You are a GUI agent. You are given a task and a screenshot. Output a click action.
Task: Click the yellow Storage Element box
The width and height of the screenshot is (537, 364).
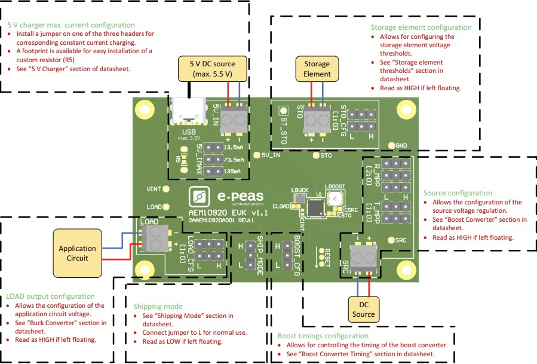[x=317, y=69]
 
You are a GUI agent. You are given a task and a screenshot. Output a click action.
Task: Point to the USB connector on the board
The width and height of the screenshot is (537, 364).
[x=188, y=114]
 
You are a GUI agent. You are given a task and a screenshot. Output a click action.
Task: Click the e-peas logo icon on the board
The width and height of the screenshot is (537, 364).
[x=199, y=196]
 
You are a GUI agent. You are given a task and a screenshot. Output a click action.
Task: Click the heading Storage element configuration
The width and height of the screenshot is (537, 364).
[x=421, y=27]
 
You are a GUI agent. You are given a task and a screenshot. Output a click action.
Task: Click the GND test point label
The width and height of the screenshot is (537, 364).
[x=401, y=145]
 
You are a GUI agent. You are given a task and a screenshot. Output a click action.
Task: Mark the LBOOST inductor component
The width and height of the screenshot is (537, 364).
[x=336, y=198]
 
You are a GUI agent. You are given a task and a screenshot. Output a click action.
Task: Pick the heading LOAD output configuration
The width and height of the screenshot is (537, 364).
[x=50, y=296]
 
